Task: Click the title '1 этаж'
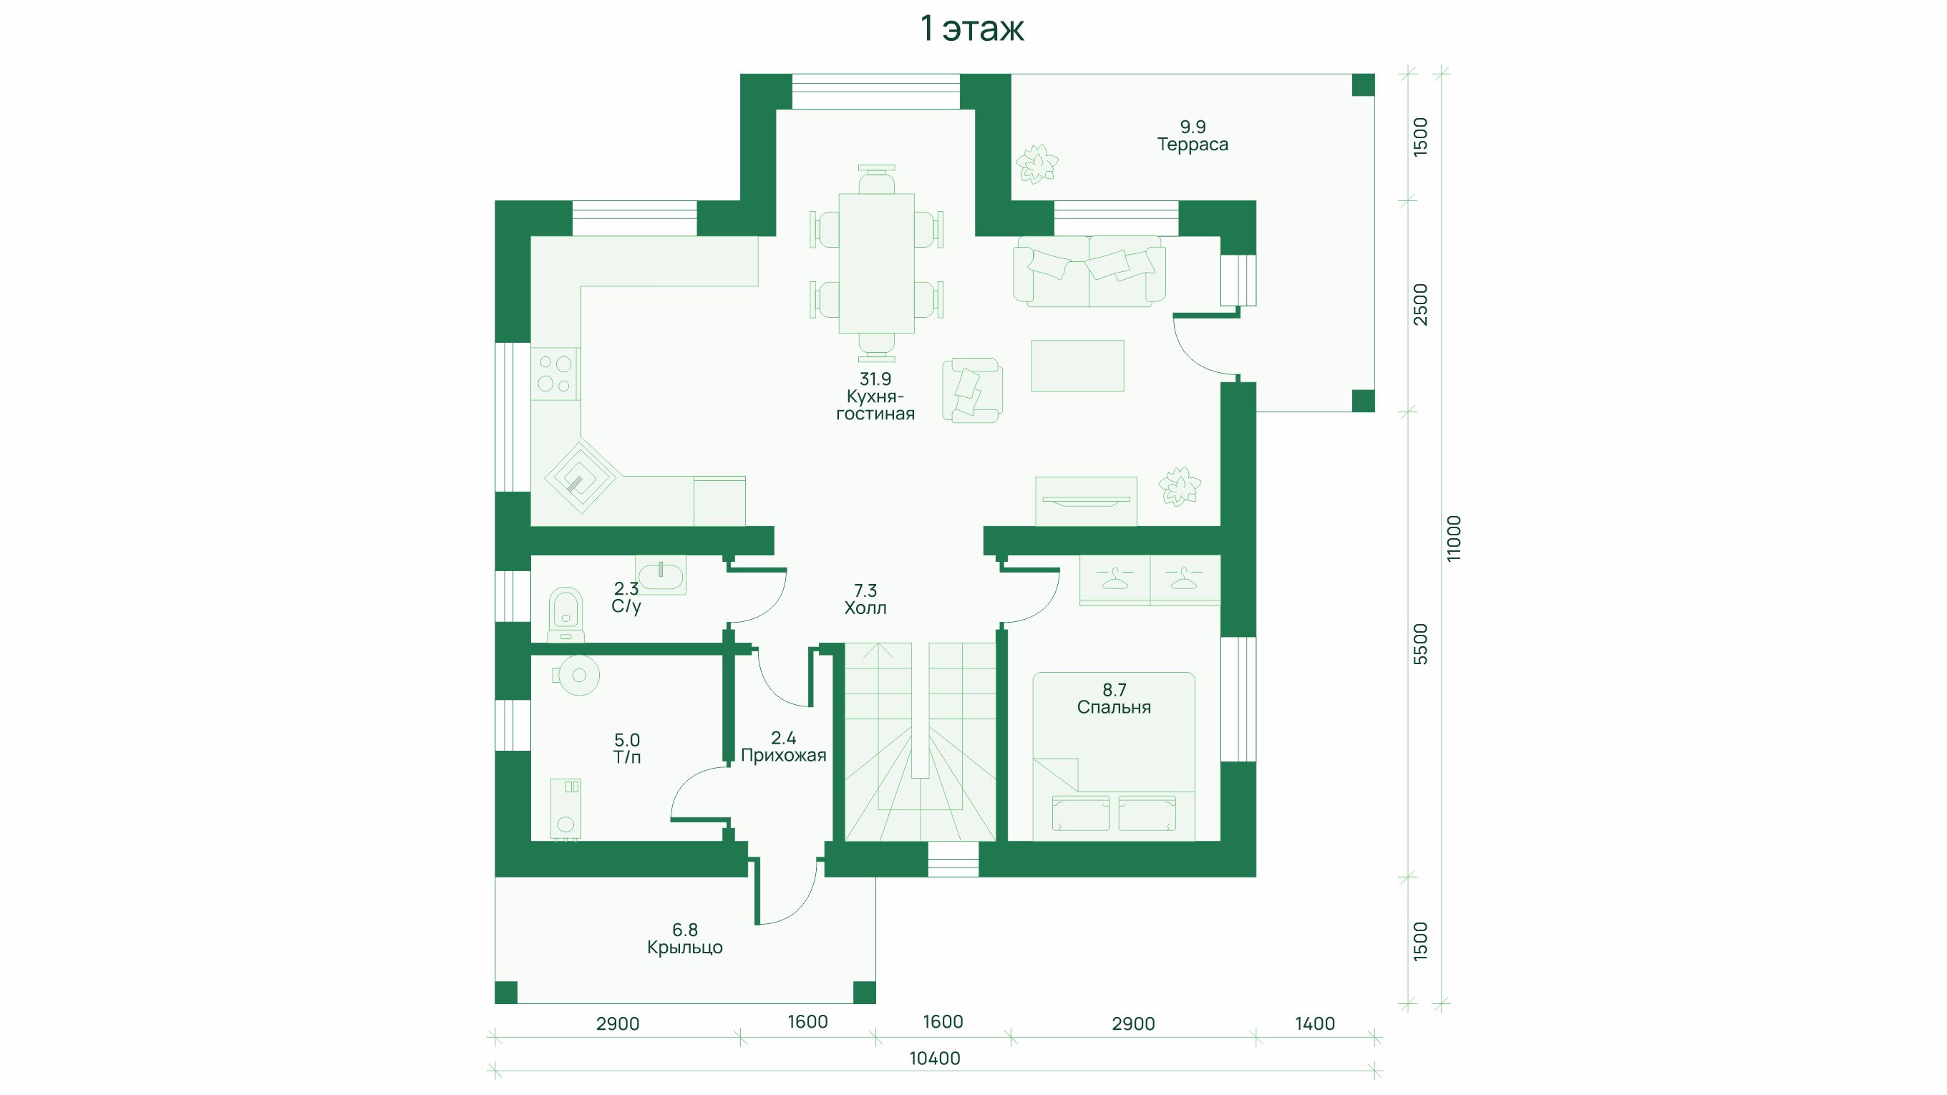972,29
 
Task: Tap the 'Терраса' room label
1193,145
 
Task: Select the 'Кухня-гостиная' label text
875,405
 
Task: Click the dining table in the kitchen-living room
877,263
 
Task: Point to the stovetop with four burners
555,374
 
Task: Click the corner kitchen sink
581,477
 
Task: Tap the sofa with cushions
1089,271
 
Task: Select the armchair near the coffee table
972,390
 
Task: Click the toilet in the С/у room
565,614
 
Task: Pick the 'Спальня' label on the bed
1114,707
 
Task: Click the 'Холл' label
865,608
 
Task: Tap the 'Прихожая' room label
784,755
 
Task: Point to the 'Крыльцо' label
685,948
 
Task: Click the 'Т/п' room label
627,757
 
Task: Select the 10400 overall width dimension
935,1058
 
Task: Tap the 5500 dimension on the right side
1421,645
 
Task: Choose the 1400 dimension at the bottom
1315,1024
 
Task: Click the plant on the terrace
1036,164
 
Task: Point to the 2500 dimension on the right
1421,305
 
